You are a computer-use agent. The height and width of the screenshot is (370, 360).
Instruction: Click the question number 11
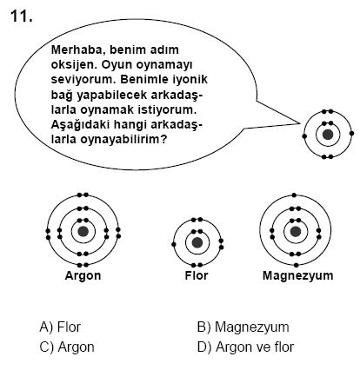pos(22,17)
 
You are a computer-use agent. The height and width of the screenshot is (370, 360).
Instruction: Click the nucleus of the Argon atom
pos(83,231)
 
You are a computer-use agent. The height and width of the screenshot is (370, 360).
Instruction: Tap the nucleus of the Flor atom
pos(197,242)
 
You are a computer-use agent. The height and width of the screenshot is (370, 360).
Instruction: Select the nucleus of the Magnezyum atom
pos(296,231)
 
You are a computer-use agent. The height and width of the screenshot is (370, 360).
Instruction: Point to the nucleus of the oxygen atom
pos(328,135)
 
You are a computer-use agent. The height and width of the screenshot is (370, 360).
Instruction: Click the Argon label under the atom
pos(83,275)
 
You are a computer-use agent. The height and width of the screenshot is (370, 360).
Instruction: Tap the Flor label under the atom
pos(197,275)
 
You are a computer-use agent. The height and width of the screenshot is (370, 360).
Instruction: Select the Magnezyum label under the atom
pos(297,275)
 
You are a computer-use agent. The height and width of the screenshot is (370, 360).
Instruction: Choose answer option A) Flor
pos(60,327)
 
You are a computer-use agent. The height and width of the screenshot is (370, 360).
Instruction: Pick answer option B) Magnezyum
pos(243,327)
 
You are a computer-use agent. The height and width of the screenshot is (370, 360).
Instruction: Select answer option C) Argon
pos(67,347)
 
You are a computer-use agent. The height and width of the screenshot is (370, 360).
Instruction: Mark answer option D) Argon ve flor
pos(245,347)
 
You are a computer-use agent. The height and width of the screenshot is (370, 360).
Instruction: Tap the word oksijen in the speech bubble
pos(74,64)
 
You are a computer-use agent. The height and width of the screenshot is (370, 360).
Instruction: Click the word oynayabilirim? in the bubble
pos(124,140)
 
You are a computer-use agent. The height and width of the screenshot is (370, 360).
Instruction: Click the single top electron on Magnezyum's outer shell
pos(294,195)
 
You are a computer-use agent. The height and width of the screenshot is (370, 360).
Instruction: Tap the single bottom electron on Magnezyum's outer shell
pos(296,265)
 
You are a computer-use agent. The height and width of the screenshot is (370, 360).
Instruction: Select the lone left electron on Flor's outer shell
pos(174,245)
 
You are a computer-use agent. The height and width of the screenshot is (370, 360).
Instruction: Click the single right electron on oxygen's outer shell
pos(351,134)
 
